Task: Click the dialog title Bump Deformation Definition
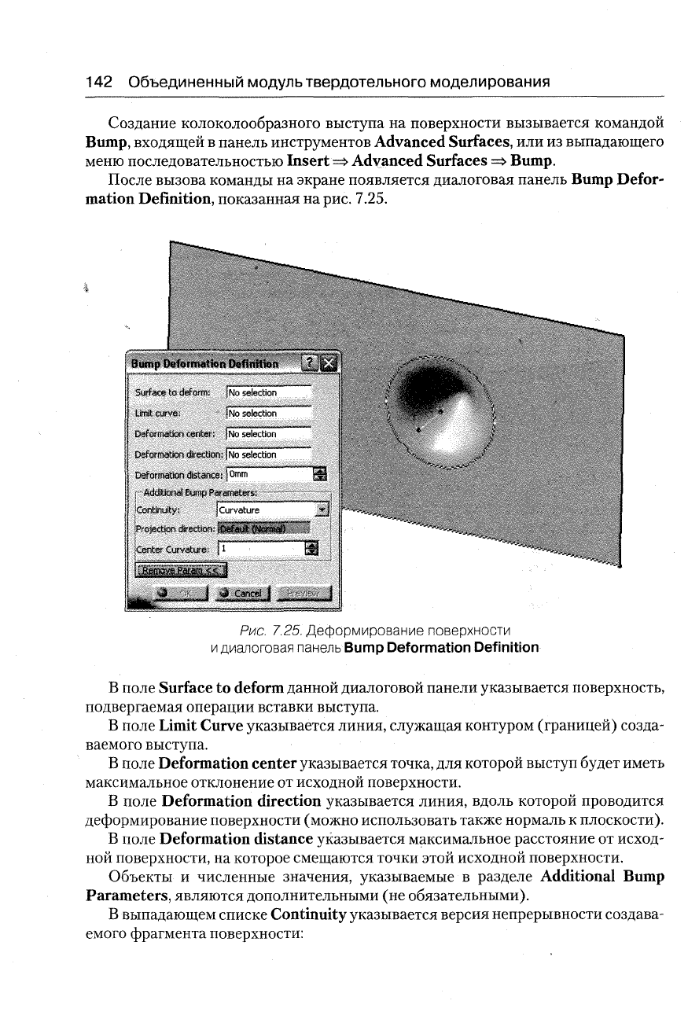pyautogui.click(x=204, y=364)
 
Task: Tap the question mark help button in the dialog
pyautogui.click(x=311, y=363)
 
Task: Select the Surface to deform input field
pyautogui.click(x=268, y=392)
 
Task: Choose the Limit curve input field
pyautogui.click(x=268, y=413)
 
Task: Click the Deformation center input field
pyautogui.click(x=268, y=434)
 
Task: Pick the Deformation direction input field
pyautogui.click(x=268, y=454)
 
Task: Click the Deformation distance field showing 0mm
pyautogui.click(x=268, y=474)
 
